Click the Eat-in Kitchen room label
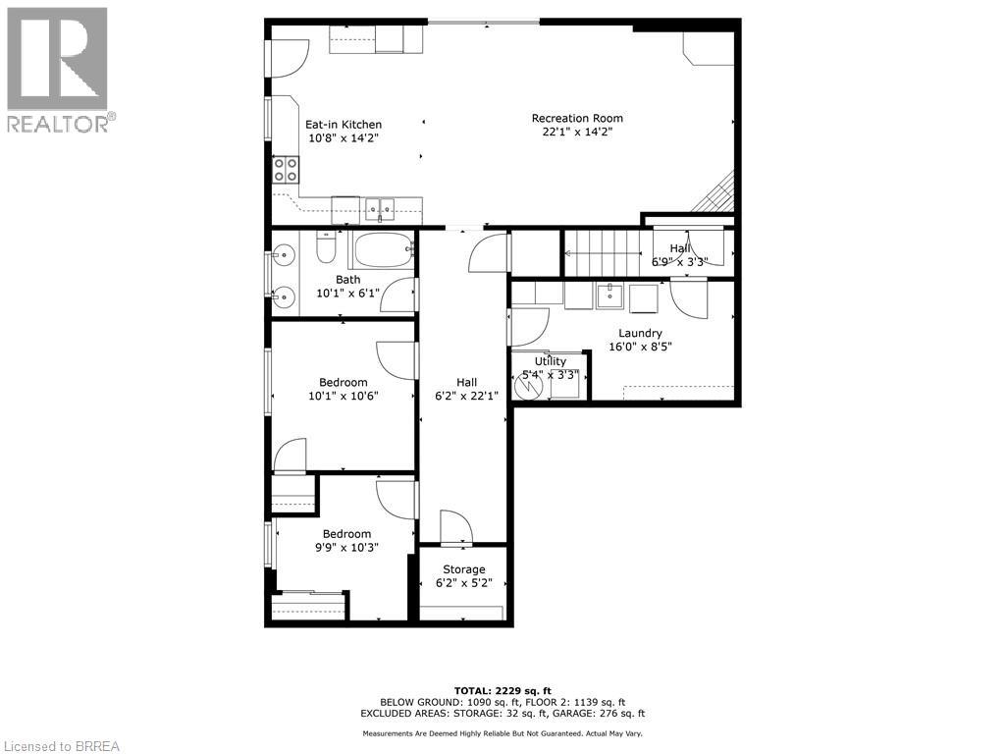click(x=343, y=125)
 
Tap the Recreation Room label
click(x=577, y=119)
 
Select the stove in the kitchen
click(x=286, y=170)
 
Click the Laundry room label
click(x=640, y=333)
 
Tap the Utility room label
click(x=550, y=361)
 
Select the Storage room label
click(x=463, y=569)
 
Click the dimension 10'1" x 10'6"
click(x=343, y=396)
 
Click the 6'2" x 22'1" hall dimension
click(x=466, y=396)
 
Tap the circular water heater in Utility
click(x=529, y=386)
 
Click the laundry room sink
click(x=609, y=295)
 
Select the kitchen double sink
click(x=381, y=207)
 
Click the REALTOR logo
click(x=58, y=70)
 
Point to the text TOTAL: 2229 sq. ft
click(x=502, y=690)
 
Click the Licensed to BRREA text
click(x=61, y=745)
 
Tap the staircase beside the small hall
click(x=601, y=252)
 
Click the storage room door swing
click(x=456, y=527)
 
